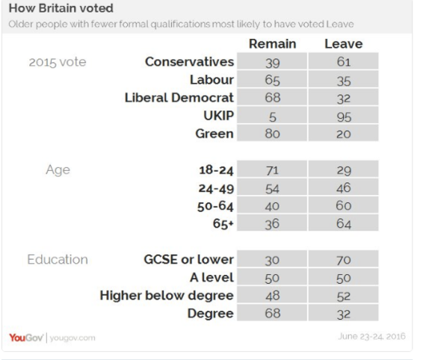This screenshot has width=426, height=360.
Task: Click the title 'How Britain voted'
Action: point(61,8)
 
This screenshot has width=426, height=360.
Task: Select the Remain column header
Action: point(273,44)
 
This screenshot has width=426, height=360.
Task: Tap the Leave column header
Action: point(344,44)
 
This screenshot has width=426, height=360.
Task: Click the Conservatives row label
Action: point(189,62)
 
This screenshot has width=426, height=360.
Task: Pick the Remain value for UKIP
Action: point(272,115)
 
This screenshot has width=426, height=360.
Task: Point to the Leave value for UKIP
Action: point(343,115)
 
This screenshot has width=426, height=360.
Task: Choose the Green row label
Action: point(214,134)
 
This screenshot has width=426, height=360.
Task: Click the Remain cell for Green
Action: point(272,133)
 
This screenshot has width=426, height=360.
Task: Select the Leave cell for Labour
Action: point(343,79)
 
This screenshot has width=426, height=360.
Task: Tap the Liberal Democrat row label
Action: point(179,97)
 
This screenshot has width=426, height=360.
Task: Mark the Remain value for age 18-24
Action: point(272,169)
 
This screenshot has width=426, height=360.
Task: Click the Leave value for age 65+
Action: point(343,223)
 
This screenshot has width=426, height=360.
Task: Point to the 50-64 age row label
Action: point(215,206)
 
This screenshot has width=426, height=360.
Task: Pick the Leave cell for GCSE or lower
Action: point(343,258)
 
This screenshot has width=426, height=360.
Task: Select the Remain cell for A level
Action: point(272,277)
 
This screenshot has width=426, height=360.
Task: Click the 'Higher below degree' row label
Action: point(167,295)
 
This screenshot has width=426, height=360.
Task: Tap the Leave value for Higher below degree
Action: point(343,295)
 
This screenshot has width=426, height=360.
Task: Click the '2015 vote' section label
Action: point(58,62)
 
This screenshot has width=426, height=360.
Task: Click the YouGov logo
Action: point(26,338)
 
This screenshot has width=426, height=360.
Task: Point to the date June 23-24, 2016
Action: point(371,336)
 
